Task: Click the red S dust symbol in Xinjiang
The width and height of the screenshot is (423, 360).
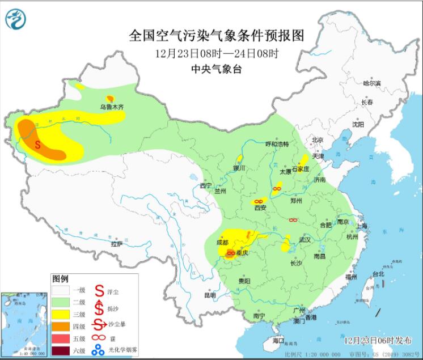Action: click(38, 144)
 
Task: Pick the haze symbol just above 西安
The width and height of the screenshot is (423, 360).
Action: click(257, 201)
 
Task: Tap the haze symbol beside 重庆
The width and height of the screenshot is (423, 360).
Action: click(231, 253)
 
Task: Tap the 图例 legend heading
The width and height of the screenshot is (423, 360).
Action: click(60, 279)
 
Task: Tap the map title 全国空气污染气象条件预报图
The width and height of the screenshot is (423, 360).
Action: click(217, 36)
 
